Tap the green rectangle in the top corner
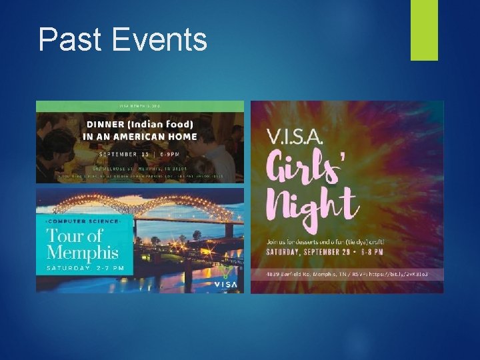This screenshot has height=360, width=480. pyautogui.click(x=424, y=30)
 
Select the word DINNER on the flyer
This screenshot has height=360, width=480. pyautogui.click(x=107, y=124)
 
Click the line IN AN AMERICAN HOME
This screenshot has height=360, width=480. pyautogui.click(x=140, y=137)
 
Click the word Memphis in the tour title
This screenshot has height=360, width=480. pyautogui.click(x=83, y=253)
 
